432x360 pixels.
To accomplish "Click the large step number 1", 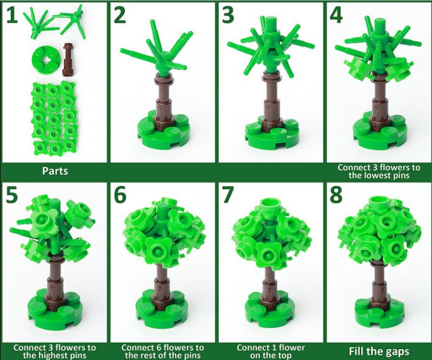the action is [x=12, y=15].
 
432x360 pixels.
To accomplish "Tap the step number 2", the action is [x=120, y=15].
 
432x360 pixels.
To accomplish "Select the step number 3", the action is [x=228, y=15].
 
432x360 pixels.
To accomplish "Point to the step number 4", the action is [x=336, y=15].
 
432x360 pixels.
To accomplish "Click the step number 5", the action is [x=12, y=195].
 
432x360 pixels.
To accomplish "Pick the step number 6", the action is [x=120, y=195].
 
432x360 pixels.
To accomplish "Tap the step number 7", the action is [x=228, y=195].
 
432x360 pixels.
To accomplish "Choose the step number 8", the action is [x=336, y=195].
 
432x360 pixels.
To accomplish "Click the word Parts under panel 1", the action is [x=55, y=171].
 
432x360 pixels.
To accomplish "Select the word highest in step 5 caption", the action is [x=55, y=355].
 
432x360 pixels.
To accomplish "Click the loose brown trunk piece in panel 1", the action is [x=67, y=59].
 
